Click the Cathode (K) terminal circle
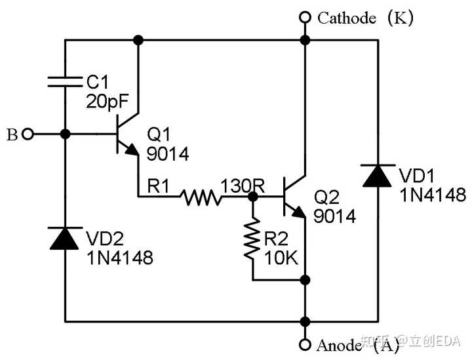[304, 17]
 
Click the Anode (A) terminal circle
[304, 344]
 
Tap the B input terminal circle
[27, 134]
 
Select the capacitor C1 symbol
[65, 81]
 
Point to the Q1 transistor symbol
[127, 134]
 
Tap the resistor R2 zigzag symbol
[252, 239]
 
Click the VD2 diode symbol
[65, 238]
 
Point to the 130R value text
[243, 186]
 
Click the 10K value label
[281, 258]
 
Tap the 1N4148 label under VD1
[432, 195]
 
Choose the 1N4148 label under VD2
[119, 257]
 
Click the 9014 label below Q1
[167, 154]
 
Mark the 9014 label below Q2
[335, 216]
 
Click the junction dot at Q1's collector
[138, 40]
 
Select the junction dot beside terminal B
[65, 134]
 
